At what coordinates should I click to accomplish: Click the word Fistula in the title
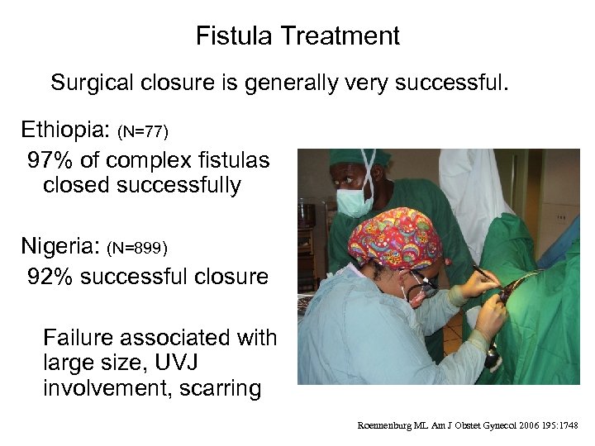(235, 36)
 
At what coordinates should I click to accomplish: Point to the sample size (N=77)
(143, 131)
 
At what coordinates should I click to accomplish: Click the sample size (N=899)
(139, 248)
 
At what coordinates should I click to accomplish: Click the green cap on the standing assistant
(355, 157)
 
